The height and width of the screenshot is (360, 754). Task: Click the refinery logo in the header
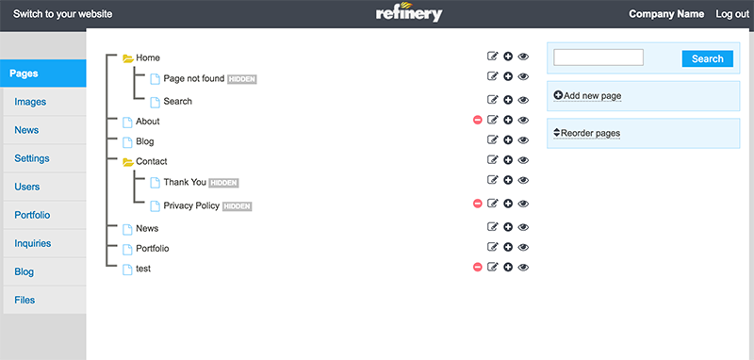pyautogui.click(x=407, y=14)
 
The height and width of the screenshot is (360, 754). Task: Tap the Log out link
pyautogui.click(x=732, y=14)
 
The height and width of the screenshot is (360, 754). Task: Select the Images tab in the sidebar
pyautogui.click(x=30, y=102)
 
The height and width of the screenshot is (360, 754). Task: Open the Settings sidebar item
pyautogui.click(x=32, y=158)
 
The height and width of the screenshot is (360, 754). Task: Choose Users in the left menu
pyautogui.click(x=27, y=187)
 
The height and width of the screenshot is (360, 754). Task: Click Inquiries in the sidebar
pyautogui.click(x=33, y=243)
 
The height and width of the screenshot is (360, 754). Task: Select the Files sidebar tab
pyautogui.click(x=25, y=300)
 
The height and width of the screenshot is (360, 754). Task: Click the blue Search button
pyautogui.click(x=707, y=58)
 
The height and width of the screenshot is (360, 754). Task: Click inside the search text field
pyautogui.click(x=598, y=58)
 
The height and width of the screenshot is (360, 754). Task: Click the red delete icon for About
pyautogui.click(x=478, y=121)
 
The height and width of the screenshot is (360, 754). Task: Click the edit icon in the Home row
pyautogui.click(x=492, y=57)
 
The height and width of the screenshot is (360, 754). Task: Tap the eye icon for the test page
pyautogui.click(x=524, y=268)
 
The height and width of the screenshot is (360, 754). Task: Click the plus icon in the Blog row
pyautogui.click(x=508, y=141)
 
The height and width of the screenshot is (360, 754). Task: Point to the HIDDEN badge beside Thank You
pyautogui.click(x=223, y=182)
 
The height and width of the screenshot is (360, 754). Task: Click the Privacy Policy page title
pyautogui.click(x=191, y=205)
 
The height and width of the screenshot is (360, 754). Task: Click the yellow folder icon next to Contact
pyautogui.click(x=127, y=162)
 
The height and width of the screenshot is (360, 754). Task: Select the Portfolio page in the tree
pyautogui.click(x=154, y=248)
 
